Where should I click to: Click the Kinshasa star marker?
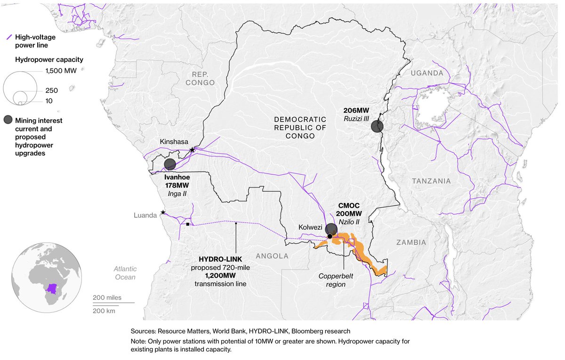click(x=192, y=150)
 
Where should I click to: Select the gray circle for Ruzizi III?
click(x=377, y=126)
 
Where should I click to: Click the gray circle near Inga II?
click(x=170, y=164)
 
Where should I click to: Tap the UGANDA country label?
click(x=427, y=73)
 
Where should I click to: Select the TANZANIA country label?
click(x=431, y=181)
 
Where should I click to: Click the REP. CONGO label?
click(x=200, y=78)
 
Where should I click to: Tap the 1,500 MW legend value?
click(x=60, y=71)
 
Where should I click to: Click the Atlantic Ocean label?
click(x=124, y=272)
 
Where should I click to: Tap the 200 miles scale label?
click(x=107, y=298)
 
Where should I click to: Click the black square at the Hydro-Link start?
click(x=188, y=224)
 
